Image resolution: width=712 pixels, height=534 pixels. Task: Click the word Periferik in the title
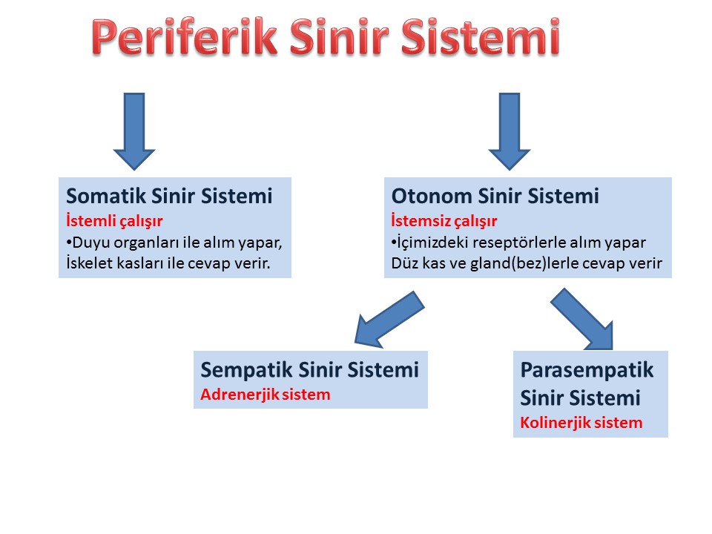[184, 36]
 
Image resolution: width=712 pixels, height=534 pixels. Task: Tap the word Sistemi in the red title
[481, 36]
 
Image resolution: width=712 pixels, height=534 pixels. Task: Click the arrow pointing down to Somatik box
[134, 132]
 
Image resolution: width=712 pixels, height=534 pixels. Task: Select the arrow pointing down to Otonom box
[510, 132]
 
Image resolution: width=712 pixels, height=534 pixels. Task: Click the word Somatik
[106, 196]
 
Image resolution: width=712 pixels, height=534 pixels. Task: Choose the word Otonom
[432, 196]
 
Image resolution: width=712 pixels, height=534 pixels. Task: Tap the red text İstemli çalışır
[114, 221]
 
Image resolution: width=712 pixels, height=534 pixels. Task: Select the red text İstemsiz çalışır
[444, 221]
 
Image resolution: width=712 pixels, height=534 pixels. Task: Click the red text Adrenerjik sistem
[266, 394]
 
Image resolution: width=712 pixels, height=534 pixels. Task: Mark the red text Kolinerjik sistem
[581, 423]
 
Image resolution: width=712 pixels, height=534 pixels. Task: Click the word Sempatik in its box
[246, 369]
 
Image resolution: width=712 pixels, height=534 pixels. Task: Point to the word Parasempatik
[587, 369]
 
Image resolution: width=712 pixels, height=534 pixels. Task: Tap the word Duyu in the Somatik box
[90, 243]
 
